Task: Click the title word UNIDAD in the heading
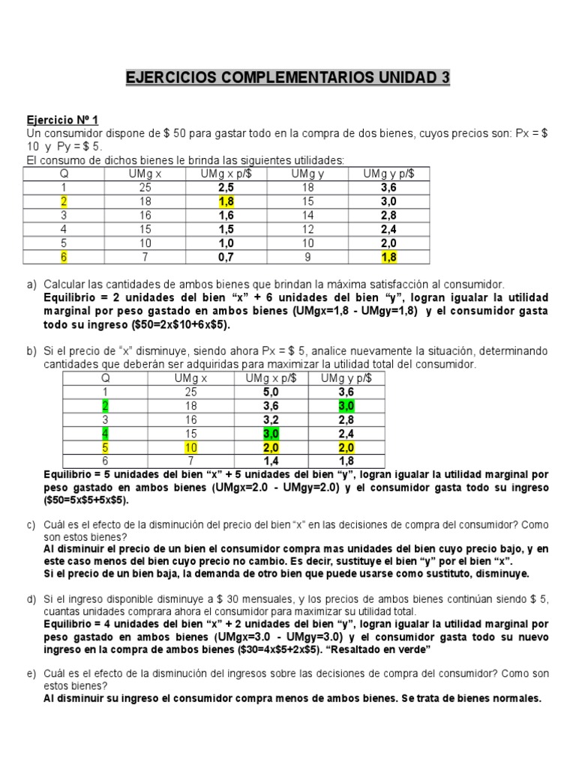(x=404, y=78)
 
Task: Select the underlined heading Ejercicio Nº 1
(x=62, y=120)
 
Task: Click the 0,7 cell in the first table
(x=226, y=257)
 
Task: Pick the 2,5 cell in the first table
(x=226, y=188)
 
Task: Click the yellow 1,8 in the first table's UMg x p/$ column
(x=226, y=201)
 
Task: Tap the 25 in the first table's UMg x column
(x=145, y=188)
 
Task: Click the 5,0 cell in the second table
(x=271, y=392)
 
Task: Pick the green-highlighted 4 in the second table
(x=105, y=433)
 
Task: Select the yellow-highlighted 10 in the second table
(x=190, y=447)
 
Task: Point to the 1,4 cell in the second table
(x=271, y=461)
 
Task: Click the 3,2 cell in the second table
(x=271, y=419)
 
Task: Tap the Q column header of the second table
(x=105, y=378)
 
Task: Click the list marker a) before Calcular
(x=31, y=285)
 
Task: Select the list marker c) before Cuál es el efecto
(x=31, y=525)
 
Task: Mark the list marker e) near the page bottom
(x=31, y=674)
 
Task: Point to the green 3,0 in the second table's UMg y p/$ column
(x=346, y=406)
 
